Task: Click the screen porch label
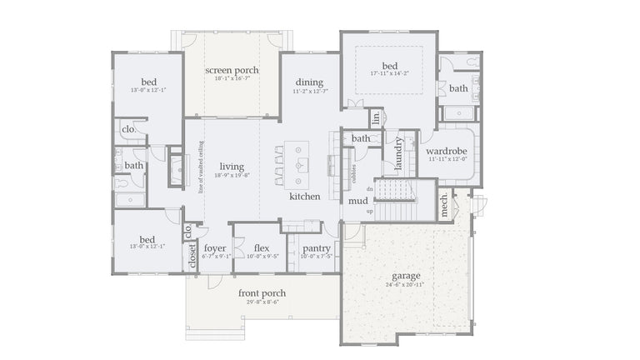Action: pos(232,70)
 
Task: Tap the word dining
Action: pos(309,82)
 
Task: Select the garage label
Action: pos(407,276)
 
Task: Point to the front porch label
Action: pos(262,292)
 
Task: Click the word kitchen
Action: pos(305,197)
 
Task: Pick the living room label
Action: pos(232,167)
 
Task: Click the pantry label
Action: pos(317,247)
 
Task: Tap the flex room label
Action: pos(262,247)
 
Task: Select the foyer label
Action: pos(215,247)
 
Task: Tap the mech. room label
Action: pos(444,205)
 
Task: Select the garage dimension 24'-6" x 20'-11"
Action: pos(407,285)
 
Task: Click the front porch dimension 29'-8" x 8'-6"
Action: pos(262,302)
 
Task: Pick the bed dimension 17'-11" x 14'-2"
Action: pos(390,74)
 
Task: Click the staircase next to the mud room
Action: pos(395,191)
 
